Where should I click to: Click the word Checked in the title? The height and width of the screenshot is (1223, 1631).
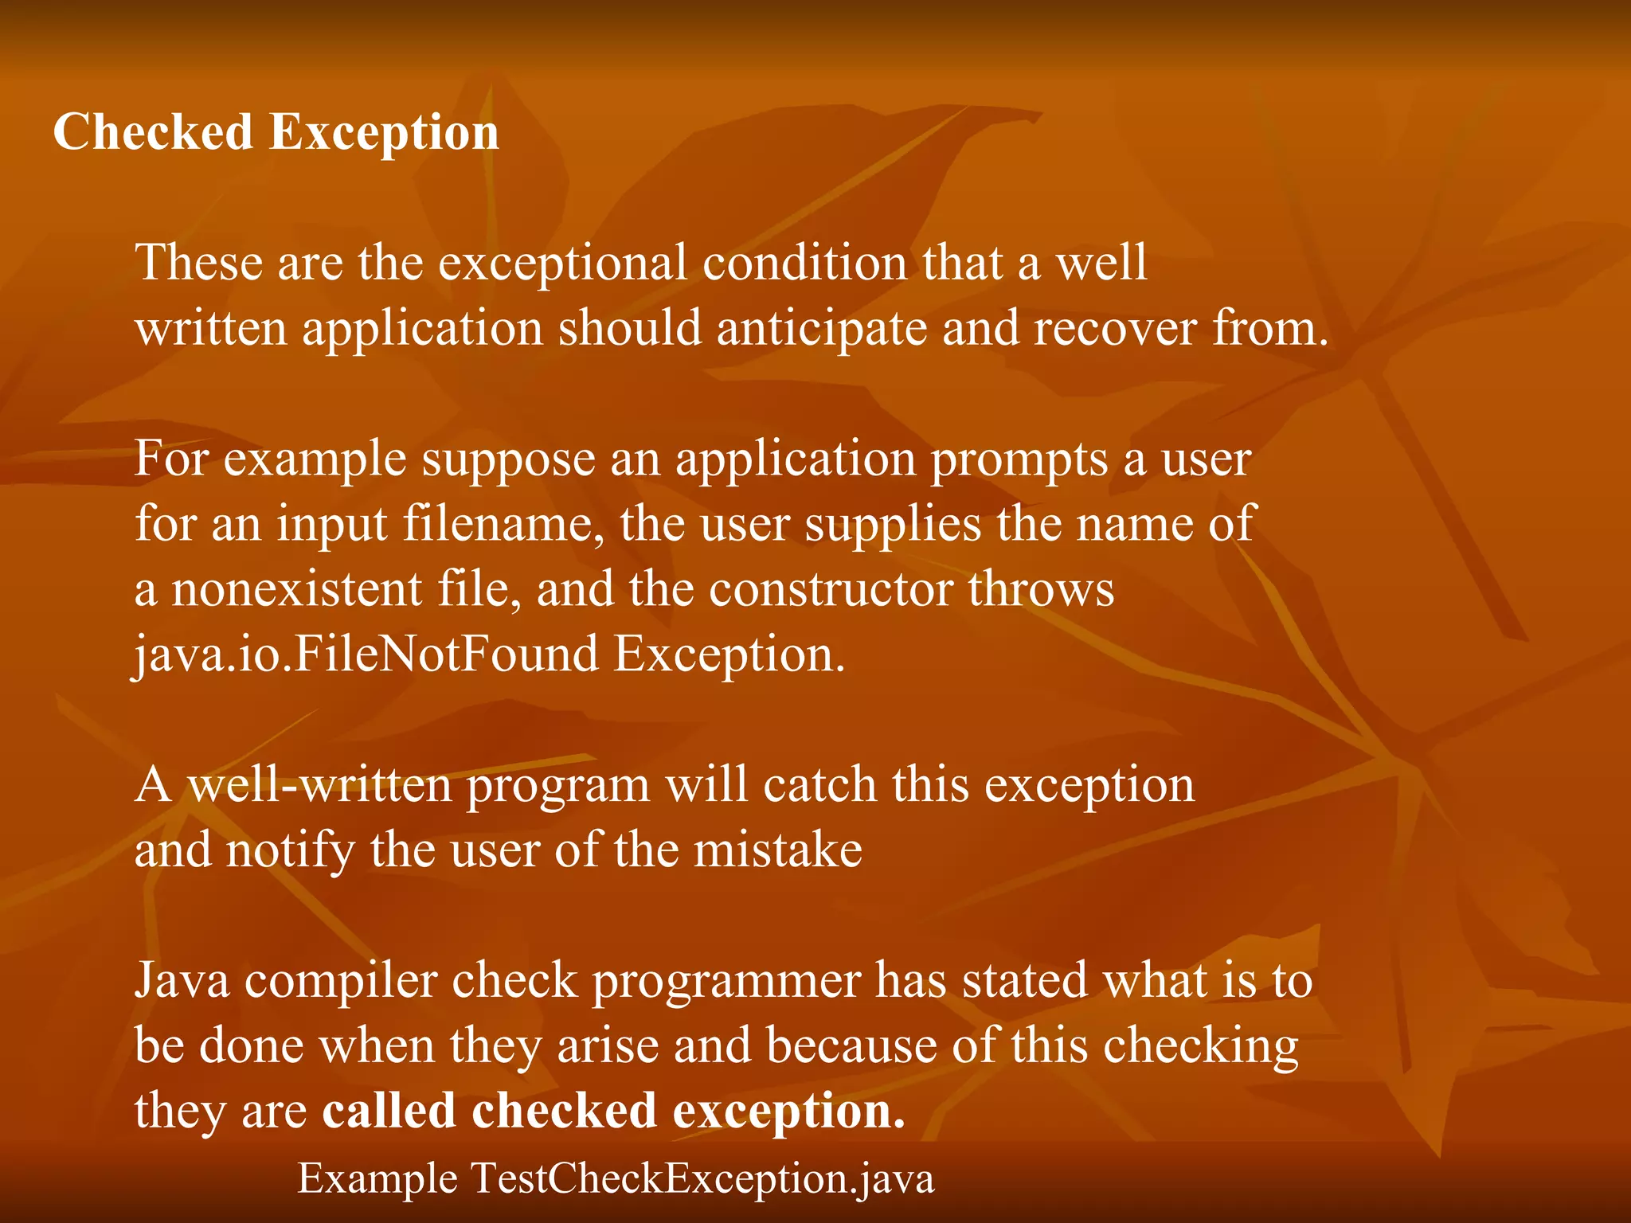(152, 131)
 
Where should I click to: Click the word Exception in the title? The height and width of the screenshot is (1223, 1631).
(384, 133)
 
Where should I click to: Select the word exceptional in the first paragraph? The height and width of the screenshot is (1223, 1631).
(562, 263)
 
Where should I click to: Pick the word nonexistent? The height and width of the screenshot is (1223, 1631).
(296, 589)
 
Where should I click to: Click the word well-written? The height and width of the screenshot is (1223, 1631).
(320, 786)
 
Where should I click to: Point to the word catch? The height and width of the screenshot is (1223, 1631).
(819, 786)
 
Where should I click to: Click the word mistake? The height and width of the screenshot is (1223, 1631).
(777, 850)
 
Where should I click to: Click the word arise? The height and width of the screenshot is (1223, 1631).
(608, 1045)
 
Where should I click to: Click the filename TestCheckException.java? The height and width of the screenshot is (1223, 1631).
(702, 1179)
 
